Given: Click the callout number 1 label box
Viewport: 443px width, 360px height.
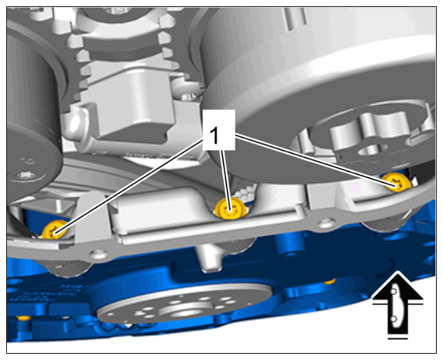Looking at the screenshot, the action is pyautogui.click(x=218, y=130).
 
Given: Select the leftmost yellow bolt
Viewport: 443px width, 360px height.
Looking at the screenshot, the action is pyautogui.click(x=55, y=230).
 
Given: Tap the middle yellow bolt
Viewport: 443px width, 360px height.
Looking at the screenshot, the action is pyautogui.click(x=231, y=208).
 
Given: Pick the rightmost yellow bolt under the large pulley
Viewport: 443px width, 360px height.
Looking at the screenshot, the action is pyautogui.click(x=397, y=182).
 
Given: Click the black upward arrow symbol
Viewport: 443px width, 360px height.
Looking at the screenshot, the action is pyautogui.click(x=397, y=302).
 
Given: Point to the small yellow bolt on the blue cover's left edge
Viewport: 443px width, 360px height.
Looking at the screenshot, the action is pyautogui.click(x=24, y=318).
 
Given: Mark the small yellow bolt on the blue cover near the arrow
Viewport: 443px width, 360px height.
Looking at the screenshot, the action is pyautogui.click(x=329, y=282).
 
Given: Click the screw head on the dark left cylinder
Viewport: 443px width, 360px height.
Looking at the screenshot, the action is pyautogui.click(x=24, y=175).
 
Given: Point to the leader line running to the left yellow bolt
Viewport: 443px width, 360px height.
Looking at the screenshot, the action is pyautogui.click(x=130, y=187).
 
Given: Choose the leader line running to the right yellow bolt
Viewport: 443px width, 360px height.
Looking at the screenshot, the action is pyautogui.click(x=315, y=160).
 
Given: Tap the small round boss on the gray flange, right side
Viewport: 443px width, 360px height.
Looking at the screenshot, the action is pyautogui.click(x=326, y=223).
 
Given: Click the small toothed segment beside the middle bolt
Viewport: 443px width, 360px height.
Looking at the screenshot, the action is pyautogui.click(x=245, y=193).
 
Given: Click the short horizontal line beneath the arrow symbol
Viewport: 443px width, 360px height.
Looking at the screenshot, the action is pyautogui.click(x=397, y=338).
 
